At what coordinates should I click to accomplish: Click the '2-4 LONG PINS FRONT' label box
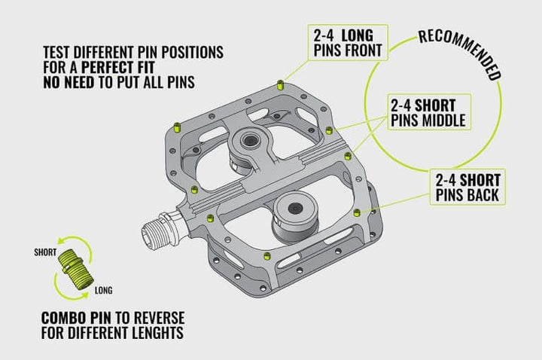tap(348, 42)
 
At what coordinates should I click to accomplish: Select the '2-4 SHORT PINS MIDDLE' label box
tap(428, 111)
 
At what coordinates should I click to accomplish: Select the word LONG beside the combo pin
tap(104, 289)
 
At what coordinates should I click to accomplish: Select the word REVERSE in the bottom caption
tap(158, 316)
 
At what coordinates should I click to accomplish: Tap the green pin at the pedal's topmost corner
tap(280, 81)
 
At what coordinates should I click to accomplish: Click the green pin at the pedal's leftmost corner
tap(177, 126)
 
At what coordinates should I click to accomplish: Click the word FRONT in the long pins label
tap(362, 51)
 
